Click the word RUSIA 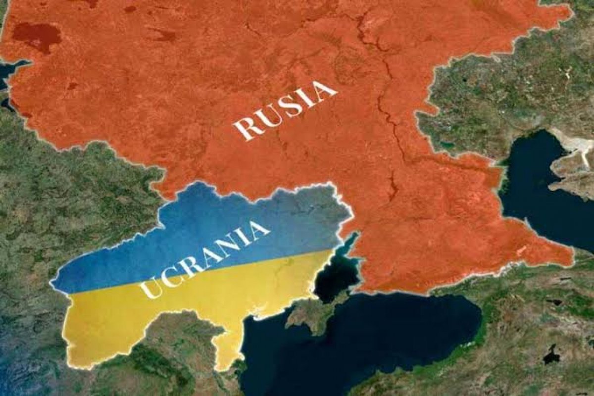285,110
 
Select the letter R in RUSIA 244,129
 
